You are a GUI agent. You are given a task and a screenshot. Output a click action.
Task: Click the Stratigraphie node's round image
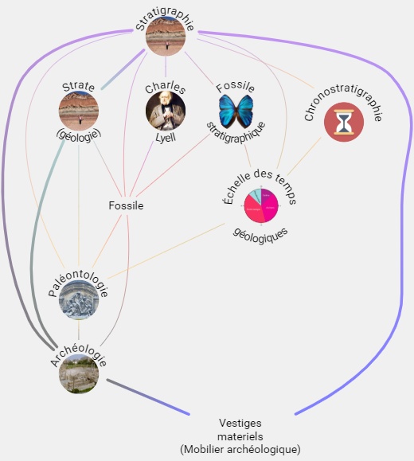click(166, 36)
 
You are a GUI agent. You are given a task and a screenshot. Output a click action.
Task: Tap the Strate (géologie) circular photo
click(79, 111)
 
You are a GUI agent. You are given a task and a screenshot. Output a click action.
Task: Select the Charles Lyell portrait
click(166, 111)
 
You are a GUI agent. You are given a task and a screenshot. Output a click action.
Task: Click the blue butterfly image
click(236, 111)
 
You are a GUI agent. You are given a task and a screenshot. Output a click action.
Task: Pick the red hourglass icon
click(344, 122)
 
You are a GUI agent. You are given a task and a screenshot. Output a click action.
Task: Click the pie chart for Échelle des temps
click(261, 205)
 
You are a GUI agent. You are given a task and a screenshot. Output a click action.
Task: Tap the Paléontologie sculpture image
click(79, 300)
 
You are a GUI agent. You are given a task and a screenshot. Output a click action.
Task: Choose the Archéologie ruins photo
click(79, 373)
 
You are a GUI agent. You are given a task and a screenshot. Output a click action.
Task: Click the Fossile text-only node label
click(126, 205)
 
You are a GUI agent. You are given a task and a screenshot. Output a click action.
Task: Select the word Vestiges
click(240, 423)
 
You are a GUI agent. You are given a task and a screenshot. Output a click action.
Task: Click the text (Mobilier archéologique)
click(240, 449)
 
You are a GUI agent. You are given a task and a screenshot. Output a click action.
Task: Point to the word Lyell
click(166, 138)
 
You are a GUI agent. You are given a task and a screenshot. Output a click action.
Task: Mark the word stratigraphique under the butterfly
click(236, 134)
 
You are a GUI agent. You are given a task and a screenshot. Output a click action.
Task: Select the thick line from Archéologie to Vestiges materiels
click(148, 397)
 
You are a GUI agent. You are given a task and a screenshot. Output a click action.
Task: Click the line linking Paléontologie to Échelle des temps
click(166, 251)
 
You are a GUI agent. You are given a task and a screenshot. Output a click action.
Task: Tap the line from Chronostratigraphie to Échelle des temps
click(304, 156)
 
